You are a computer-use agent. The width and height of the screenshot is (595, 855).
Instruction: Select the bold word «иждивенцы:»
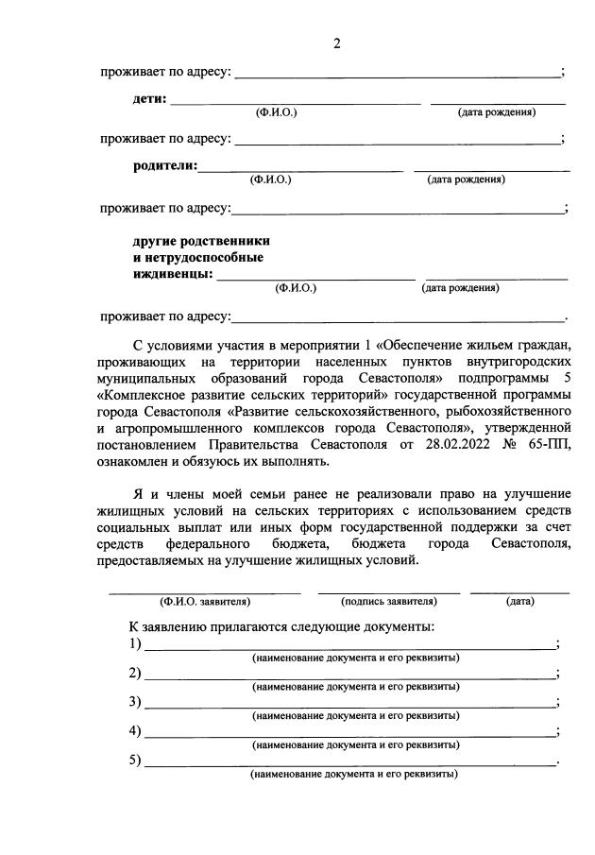[x=171, y=275]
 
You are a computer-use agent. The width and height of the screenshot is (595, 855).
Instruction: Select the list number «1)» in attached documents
[x=135, y=644]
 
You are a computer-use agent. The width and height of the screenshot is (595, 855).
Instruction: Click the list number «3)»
[x=135, y=702]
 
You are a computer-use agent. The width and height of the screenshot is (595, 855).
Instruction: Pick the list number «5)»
[x=135, y=760]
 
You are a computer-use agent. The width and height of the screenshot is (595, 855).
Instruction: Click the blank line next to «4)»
[x=349, y=734]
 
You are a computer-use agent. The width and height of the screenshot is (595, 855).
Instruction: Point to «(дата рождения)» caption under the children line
[x=497, y=112]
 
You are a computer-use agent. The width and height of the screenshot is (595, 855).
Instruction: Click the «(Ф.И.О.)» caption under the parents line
[x=270, y=179]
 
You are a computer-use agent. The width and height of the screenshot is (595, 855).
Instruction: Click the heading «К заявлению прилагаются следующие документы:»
[x=281, y=626]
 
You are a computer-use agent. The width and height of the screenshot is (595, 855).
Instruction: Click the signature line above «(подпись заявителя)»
[x=389, y=591]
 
